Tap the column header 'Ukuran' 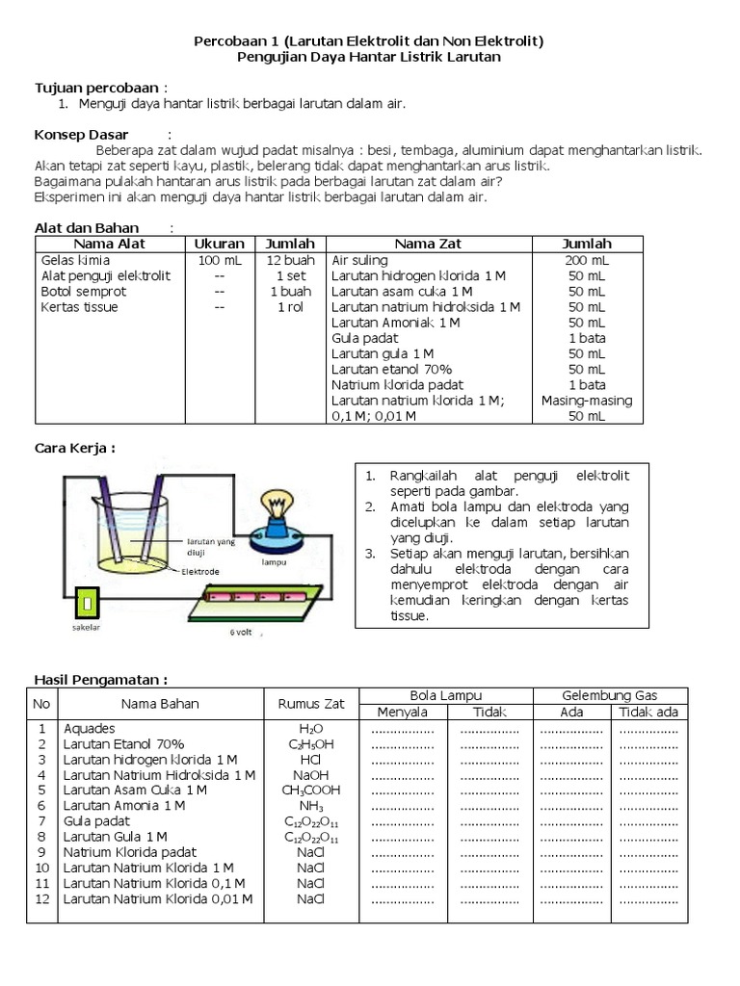pyautogui.click(x=219, y=244)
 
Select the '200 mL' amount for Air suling pyautogui.click(x=587, y=260)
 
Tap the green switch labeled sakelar pyautogui.click(x=86, y=603)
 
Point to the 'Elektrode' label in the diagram pyautogui.click(x=200, y=571)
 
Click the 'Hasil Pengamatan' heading pyautogui.click(x=101, y=679)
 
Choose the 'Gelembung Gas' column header pyautogui.click(x=610, y=695)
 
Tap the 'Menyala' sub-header pyautogui.click(x=402, y=713)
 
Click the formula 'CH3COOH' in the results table pyautogui.click(x=310, y=790)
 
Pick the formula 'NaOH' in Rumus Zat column pyautogui.click(x=310, y=774)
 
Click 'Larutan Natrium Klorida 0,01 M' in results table pyautogui.click(x=158, y=898)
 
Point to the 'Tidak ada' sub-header pyautogui.click(x=648, y=713)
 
